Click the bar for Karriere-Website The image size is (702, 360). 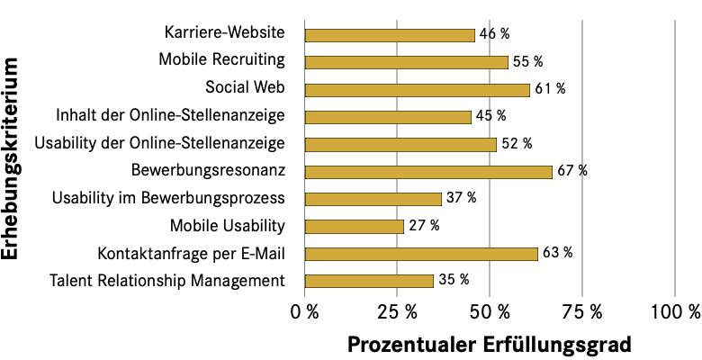tap(390, 35)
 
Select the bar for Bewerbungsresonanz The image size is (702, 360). tap(428, 172)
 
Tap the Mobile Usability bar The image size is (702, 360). tap(355, 227)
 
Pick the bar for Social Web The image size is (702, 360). tap(418, 90)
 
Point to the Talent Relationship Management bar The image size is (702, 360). tap(369, 281)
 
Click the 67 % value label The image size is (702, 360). tap(572, 171)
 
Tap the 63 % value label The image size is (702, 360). tap(557, 253)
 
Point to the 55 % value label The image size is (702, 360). tap(527, 62)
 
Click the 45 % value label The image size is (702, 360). tap(490, 116)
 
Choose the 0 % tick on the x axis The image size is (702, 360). tap(305, 311)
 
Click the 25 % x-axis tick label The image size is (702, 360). tap(397, 311)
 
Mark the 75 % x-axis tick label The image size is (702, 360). tap(582, 311)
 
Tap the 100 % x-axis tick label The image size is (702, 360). tap(675, 311)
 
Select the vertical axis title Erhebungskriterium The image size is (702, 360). tap(12, 158)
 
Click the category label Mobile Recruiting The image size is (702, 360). tap(222, 60)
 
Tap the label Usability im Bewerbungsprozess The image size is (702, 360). tap(168, 198)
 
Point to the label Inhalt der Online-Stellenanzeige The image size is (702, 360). tap(170, 115)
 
